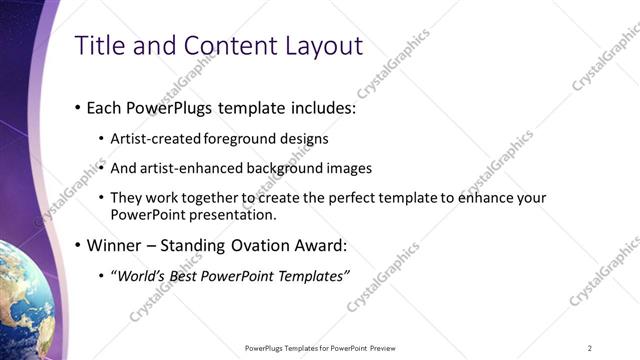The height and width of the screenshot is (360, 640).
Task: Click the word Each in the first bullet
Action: click(x=105, y=108)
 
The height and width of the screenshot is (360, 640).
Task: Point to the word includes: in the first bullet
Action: click(x=323, y=108)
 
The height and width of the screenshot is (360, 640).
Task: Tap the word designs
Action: click(x=303, y=139)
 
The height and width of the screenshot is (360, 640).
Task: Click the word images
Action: click(x=350, y=168)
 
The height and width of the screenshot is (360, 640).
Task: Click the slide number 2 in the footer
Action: click(x=590, y=348)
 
